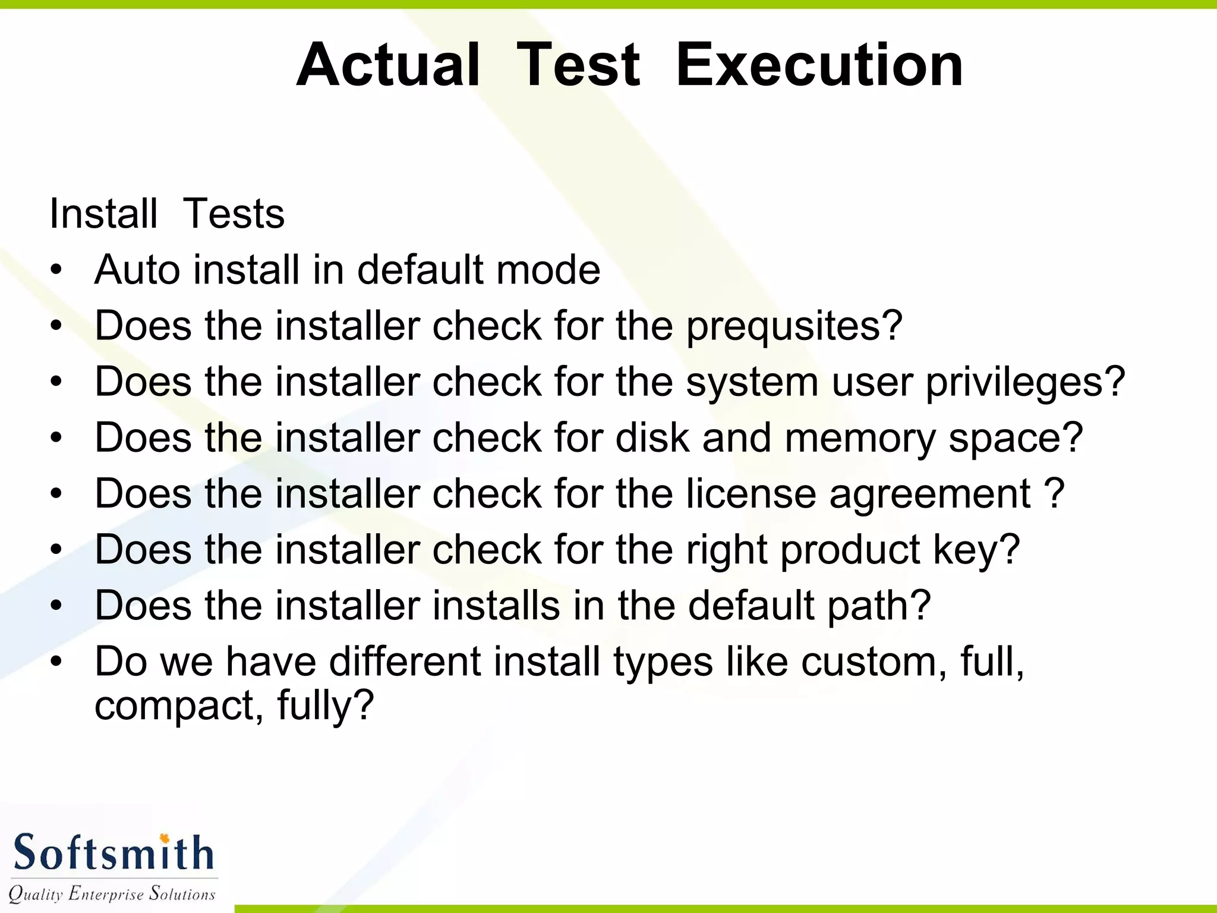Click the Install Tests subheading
(x=167, y=213)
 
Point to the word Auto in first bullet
(x=137, y=270)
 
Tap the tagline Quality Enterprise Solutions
(x=112, y=893)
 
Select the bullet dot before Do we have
(x=56, y=662)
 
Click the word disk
(x=652, y=438)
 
